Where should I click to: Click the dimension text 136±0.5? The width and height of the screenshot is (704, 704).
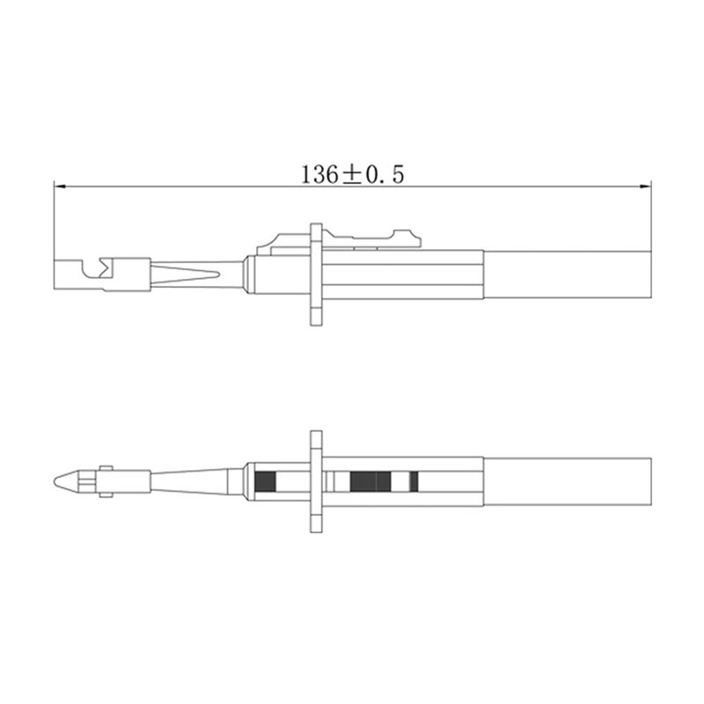point(353,174)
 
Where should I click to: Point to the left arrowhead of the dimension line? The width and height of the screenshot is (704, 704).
point(60,186)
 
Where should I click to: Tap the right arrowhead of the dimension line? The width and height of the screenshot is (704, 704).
point(645,186)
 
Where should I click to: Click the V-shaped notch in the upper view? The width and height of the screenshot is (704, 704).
point(105,267)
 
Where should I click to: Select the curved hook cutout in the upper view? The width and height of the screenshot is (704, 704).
point(91,268)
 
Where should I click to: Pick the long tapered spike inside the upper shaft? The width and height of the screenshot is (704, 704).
point(185,274)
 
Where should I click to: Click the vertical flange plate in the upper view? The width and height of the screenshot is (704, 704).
point(316,275)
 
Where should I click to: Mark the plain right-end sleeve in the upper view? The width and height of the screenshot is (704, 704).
point(568,275)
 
